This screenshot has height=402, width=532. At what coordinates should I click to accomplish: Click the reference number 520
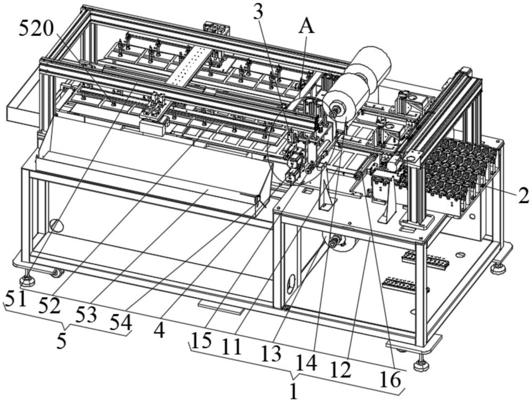(36, 28)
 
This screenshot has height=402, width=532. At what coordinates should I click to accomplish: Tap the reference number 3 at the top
(258, 13)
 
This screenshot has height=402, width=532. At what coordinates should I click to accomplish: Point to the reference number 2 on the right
(522, 196)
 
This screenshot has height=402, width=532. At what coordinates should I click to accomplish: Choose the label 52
(49, 306)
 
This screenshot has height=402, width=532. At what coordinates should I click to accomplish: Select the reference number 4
(159, 330)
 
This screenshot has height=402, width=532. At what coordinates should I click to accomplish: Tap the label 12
(340, 370)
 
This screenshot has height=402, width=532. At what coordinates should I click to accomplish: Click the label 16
(390, 380)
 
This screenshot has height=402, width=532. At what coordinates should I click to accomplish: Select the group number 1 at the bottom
(294, 391)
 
